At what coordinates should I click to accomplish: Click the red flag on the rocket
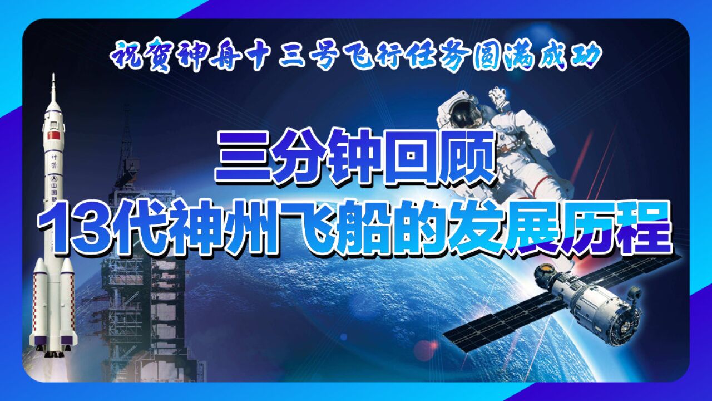click(x=54, y=135)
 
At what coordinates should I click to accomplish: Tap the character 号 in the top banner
click(x=322, y=57)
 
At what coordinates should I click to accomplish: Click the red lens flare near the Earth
click(x=427, y=347)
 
